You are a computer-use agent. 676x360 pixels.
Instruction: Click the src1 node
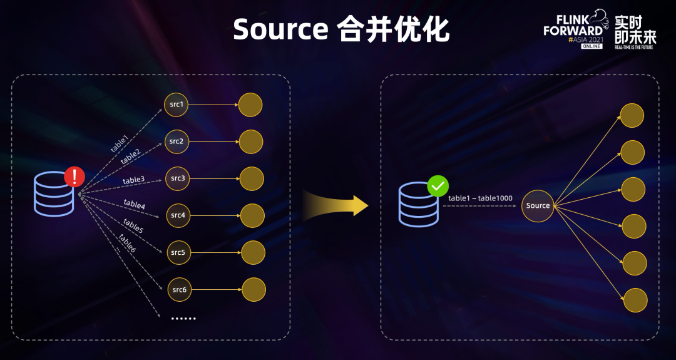(176, 104)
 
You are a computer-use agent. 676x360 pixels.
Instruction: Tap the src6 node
(179, 289)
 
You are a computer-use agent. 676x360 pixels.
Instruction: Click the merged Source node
(538, 205)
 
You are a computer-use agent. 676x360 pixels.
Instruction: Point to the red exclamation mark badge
(74, 177)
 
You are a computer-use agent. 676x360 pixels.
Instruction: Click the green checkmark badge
(438, 186)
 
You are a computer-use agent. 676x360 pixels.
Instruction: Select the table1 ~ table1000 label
(480, 198)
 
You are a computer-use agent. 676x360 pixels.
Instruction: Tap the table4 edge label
(135, 204)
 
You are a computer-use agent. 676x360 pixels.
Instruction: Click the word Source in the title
(280, 29)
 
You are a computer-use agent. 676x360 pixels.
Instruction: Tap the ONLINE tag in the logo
(591, 46)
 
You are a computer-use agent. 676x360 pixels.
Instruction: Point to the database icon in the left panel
(54, 195)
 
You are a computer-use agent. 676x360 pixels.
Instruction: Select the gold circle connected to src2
(251, 141)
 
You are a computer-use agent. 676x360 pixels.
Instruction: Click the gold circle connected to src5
(253, 252)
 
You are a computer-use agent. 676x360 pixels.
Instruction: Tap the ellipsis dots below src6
(183, 318)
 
